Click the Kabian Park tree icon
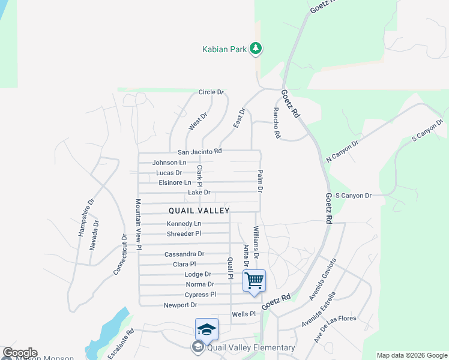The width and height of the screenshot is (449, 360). (256, 49)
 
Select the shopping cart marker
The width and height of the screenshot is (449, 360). (254, 280)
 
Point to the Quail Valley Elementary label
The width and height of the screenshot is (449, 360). (251, 347)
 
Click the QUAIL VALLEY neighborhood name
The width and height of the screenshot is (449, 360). (199, 211)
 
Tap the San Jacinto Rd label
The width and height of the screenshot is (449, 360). (200, 151)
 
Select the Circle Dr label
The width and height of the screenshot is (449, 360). (211, 92)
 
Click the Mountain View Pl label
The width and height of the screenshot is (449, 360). (138, 224)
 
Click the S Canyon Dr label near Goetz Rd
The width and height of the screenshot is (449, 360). (354, 196)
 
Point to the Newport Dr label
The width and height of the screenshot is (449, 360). (180, 305)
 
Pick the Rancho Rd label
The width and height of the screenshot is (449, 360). (277, 123)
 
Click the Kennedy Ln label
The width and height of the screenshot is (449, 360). (184, 224)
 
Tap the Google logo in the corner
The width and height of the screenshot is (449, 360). (20, 353)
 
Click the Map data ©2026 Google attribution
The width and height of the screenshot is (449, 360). (411, 355)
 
